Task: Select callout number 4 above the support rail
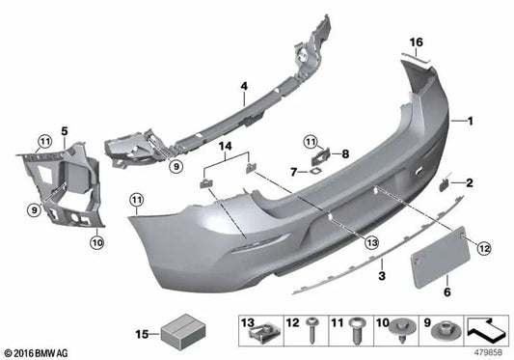244,86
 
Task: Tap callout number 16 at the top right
418,42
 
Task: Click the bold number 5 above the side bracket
38,129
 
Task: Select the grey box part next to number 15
176,332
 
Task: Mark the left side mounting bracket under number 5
53,188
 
